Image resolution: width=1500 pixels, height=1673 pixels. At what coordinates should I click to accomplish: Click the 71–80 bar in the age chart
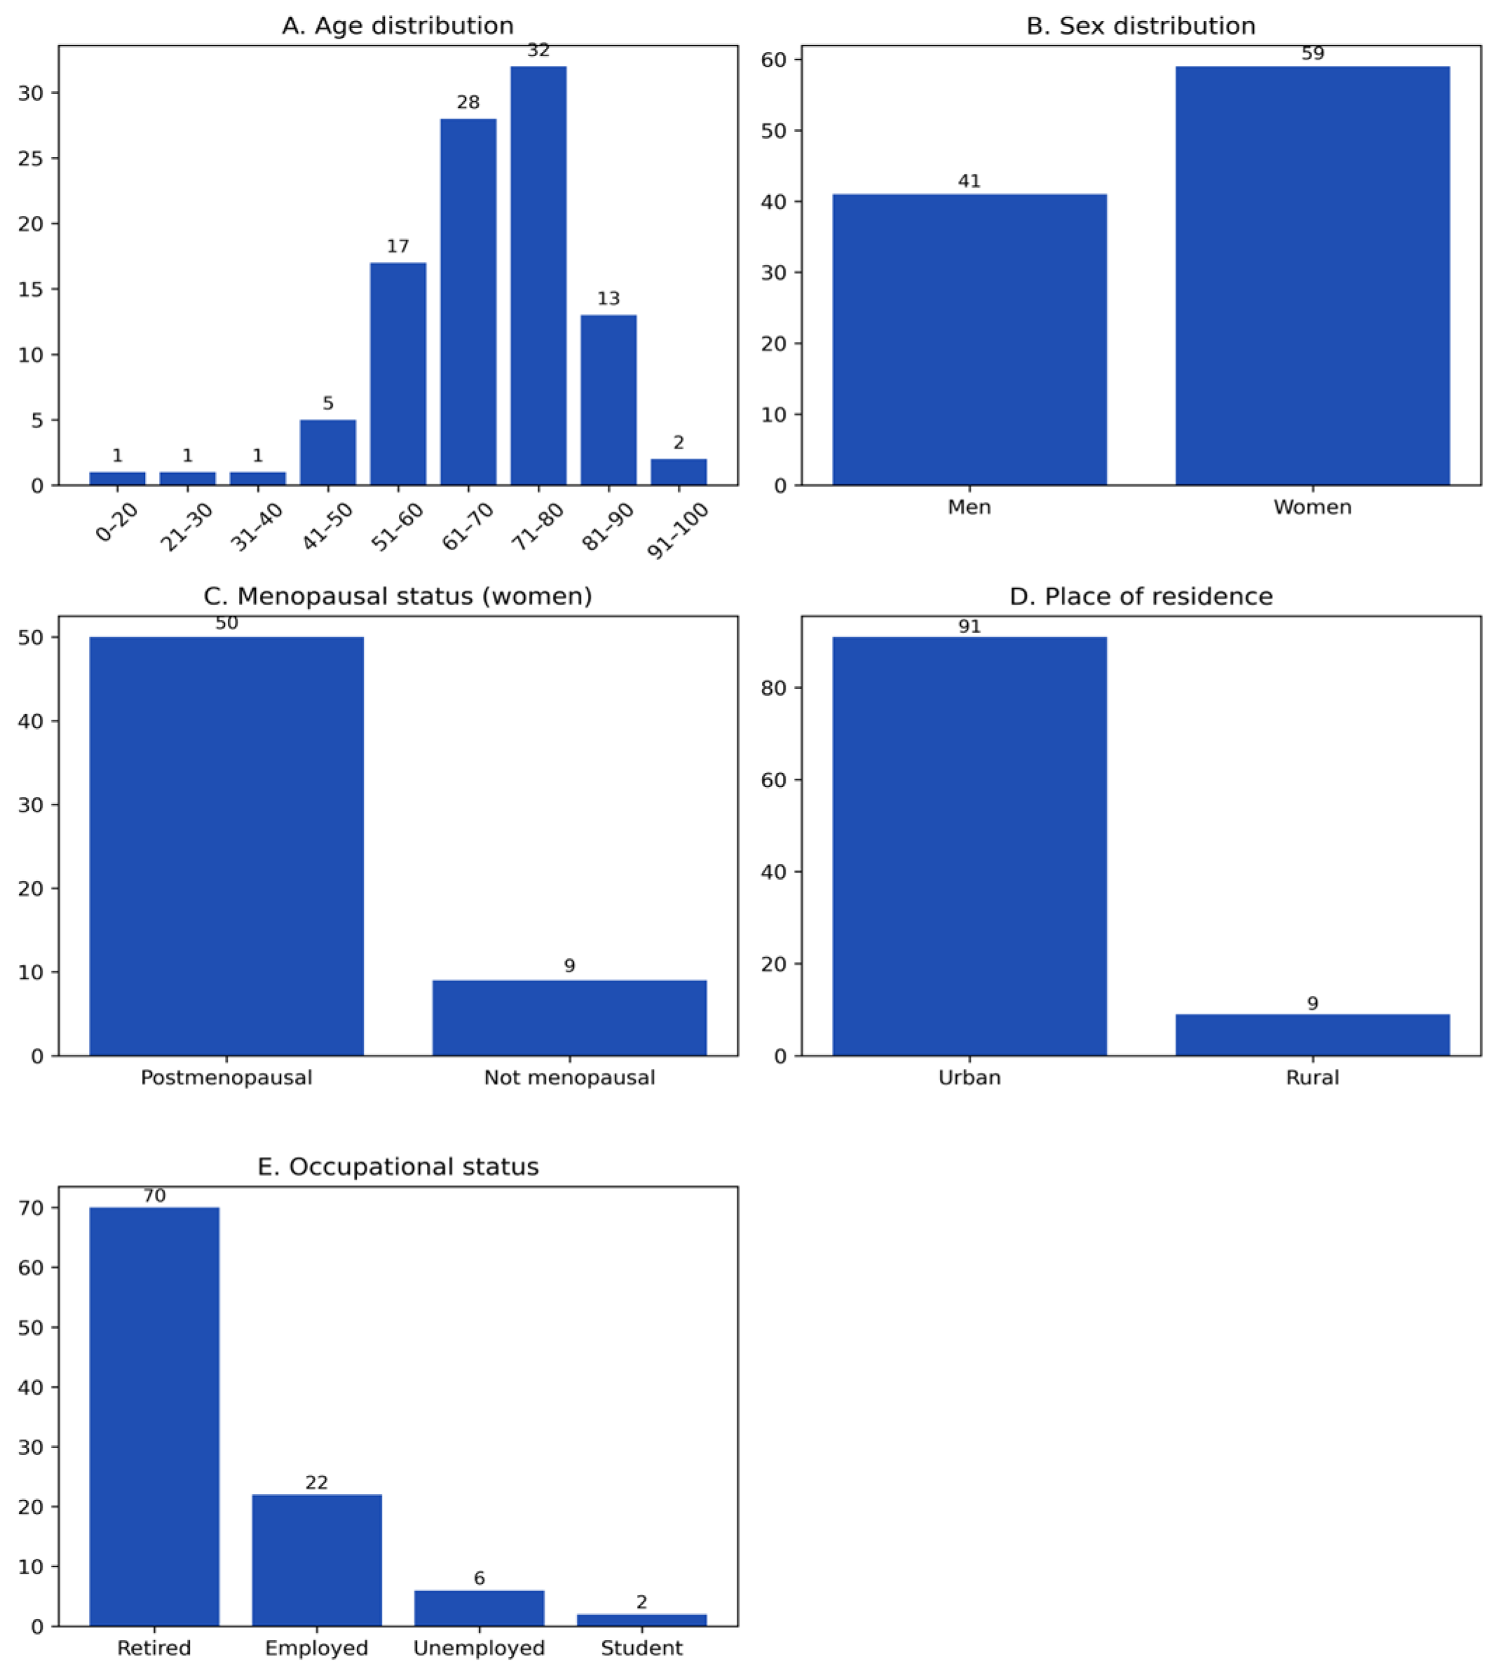tap(538, 275)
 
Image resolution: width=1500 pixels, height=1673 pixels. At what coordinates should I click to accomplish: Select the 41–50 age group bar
tap(328, 453)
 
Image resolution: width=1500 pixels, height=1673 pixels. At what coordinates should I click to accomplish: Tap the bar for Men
tap(969, 339)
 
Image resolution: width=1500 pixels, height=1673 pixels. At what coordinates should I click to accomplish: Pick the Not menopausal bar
tap(569, 1018)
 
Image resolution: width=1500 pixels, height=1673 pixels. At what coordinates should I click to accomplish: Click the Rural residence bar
tap(1312, 1034)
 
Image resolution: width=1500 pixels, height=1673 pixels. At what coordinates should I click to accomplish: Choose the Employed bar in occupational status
tap(317, 1560)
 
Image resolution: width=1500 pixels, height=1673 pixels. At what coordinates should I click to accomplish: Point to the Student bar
tap(641, 1620)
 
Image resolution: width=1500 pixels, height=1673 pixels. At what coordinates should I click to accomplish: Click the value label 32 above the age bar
tap(538, 51)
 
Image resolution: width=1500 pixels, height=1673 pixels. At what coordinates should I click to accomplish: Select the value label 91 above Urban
tap(969, 627)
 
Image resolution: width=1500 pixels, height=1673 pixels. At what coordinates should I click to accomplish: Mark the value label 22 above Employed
tap(317, 1482)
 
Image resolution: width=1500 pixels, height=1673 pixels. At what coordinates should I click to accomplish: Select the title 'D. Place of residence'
tap(1140, 596)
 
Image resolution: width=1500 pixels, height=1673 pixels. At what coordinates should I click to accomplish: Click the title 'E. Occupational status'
tap(397, 1167)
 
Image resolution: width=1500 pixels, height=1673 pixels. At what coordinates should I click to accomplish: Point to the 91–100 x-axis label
tap(679, 531)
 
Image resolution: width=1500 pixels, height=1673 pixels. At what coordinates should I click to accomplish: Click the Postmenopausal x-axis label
tap(226, 1078)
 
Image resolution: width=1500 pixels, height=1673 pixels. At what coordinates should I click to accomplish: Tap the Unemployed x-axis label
tap(479, 1648)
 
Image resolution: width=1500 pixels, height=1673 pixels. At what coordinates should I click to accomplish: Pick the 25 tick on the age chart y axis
tap(31, 158)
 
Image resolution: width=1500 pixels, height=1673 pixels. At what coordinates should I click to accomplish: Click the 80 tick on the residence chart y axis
tap(774, 688)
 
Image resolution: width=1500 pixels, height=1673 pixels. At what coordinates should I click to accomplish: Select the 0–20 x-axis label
tap(117, 522)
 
